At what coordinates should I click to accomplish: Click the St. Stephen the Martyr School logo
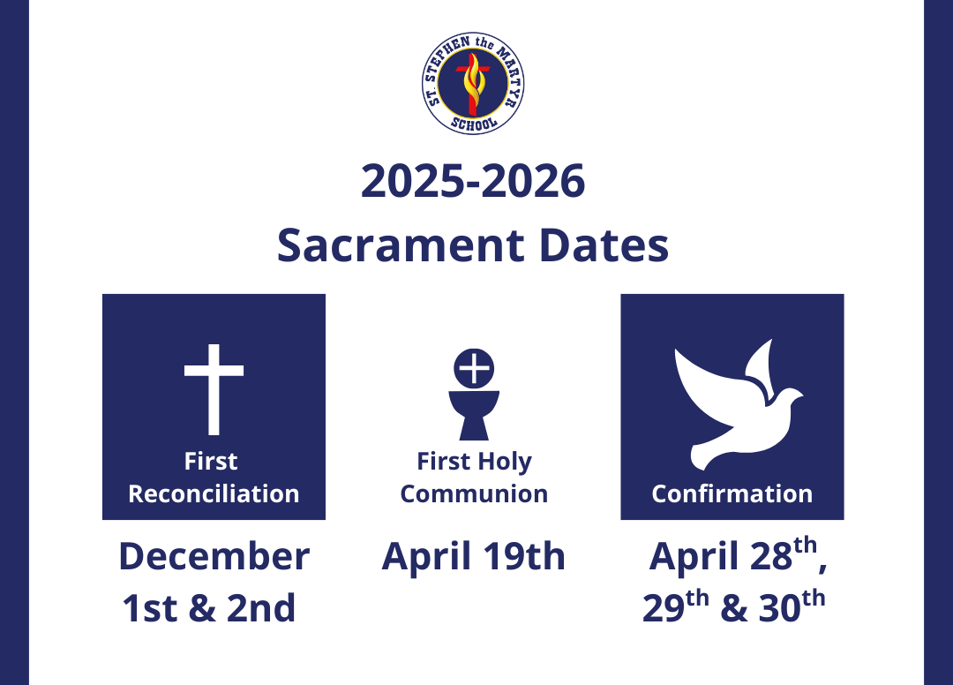coord(473,83)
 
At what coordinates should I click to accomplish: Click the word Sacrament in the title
coord(401,245)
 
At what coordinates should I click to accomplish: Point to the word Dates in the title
coord(604,245)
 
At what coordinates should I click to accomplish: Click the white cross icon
coord(214,389)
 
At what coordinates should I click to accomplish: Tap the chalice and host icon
coord(474,394)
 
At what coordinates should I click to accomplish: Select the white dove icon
coord(738,405)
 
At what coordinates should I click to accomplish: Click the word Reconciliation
coord(214,493)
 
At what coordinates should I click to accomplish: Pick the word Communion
coord(474,493)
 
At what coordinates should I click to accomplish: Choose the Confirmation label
coord(732,493)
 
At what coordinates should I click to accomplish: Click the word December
coord(214,556)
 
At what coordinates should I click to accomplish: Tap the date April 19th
coord(474,556)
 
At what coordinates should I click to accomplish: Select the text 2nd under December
coord(261,608)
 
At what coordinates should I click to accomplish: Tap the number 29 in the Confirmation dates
coord(664,607)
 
